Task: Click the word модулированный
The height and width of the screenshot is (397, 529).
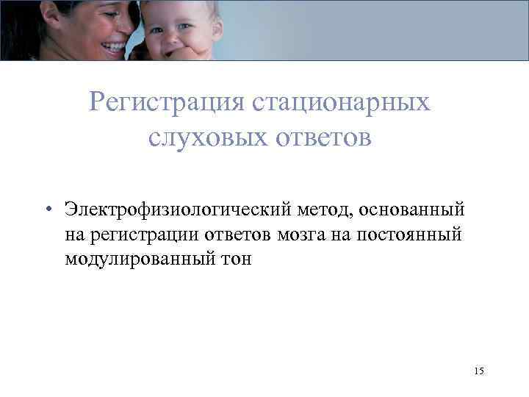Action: (x=139, y=260)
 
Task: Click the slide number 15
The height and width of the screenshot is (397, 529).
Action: (x=479, y=371)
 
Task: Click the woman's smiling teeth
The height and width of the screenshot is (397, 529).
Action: (x=115, y=46)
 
